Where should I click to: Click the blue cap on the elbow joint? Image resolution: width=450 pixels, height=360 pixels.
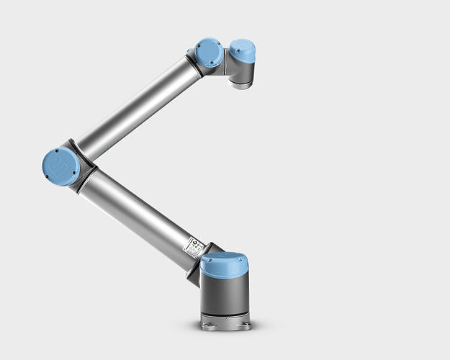[x=61, y=166]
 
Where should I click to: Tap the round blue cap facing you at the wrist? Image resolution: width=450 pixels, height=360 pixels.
[x=208, y=53]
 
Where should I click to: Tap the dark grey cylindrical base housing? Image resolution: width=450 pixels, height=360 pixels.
[x=225, y=295]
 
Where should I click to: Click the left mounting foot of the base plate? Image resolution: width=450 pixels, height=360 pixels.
[x=207, y=326]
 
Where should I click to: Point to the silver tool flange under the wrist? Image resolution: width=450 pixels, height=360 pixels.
[x=240, y=83]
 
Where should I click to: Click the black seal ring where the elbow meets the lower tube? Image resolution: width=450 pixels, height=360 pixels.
[x=89, y=173]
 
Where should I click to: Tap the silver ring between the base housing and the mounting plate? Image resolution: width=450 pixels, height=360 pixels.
[x=225, y=317]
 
